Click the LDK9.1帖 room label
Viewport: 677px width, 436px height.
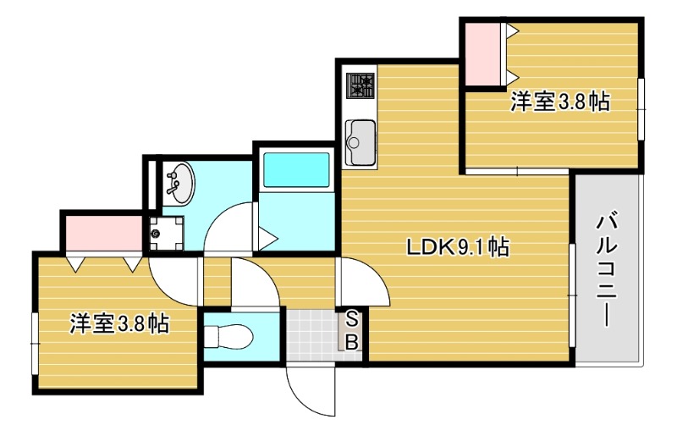point(458,248)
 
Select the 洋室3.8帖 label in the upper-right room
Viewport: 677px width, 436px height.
point(560,102)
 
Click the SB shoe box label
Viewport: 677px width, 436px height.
point(353,330)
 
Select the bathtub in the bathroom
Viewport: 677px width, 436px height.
point(295,169)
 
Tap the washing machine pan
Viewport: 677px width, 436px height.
point(166,233)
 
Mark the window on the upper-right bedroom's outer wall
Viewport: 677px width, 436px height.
point(641,110)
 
